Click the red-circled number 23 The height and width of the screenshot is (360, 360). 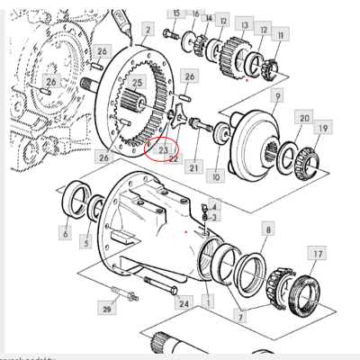(164, 151)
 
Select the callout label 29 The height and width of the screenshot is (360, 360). (107, 309)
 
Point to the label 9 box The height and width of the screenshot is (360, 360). (278, 95)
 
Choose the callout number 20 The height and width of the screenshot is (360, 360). (304, 119)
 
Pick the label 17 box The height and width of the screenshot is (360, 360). (316, 256)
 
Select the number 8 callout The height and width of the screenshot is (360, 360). (267, 230)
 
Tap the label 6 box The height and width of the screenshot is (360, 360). (66, 234)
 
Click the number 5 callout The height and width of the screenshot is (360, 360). (85, 242)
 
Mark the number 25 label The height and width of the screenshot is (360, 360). (137, 83)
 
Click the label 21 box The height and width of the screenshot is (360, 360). (193, 166)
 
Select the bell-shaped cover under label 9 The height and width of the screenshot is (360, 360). (260, 139)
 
